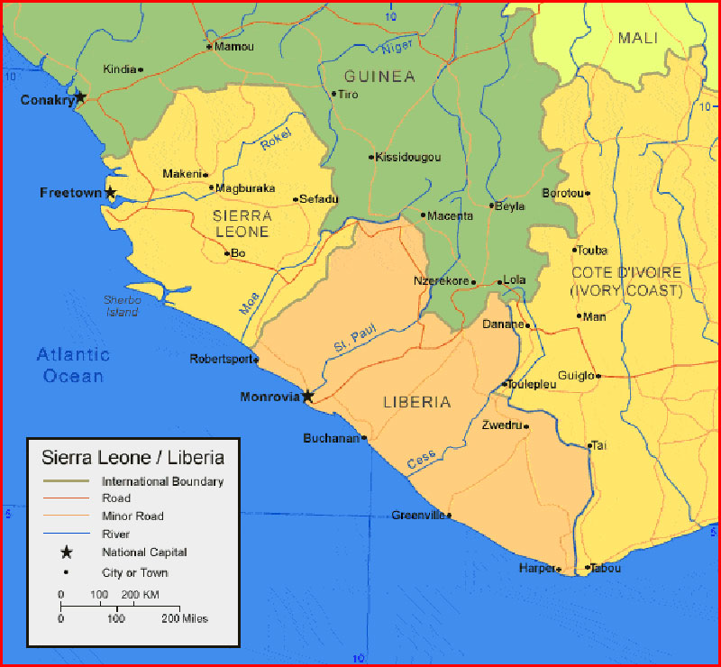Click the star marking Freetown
111,192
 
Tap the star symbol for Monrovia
307,396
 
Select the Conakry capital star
80,96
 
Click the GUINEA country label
379,77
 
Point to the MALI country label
637,38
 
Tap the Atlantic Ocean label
73,365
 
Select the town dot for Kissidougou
371,157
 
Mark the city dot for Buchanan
364,439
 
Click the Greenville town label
418,516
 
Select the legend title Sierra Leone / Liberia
132,457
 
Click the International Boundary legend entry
162,481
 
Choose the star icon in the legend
66,553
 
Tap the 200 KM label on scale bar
140,595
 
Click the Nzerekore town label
442,281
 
